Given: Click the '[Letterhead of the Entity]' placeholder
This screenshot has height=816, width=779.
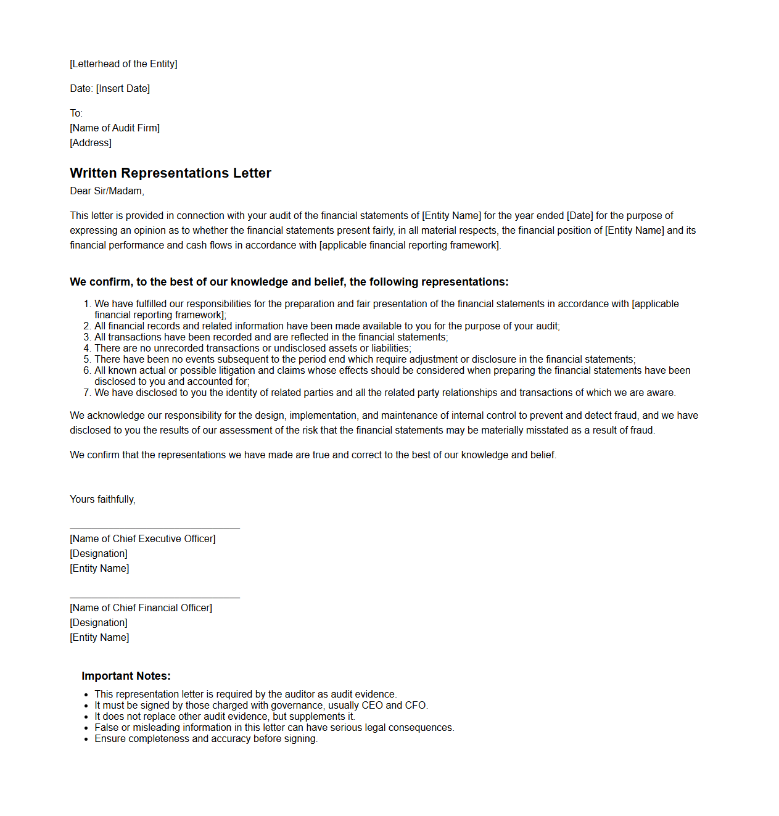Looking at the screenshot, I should coord(123,64).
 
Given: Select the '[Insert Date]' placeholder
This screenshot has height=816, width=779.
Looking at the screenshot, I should coord(123,89).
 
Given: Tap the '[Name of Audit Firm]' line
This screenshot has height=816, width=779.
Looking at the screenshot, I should coord(115,128).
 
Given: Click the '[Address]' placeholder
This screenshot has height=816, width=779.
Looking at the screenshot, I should coord(91,143).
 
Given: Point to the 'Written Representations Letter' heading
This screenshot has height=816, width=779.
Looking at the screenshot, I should coord(170,173).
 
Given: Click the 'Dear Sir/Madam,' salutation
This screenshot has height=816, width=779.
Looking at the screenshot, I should coord(107,191).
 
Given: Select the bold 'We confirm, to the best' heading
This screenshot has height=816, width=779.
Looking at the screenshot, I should coord(289,282).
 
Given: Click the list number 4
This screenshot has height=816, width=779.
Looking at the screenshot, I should coord(87,348).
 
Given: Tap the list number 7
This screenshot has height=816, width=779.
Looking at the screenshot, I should coord(87,393).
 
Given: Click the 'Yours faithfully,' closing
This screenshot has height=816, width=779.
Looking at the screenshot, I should coord(102,500).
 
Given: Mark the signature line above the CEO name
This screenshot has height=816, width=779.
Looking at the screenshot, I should coord(155,529).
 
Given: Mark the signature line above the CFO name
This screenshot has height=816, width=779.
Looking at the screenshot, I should coord(155,598).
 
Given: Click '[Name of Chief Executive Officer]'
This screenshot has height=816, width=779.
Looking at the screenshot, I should coord(142,539).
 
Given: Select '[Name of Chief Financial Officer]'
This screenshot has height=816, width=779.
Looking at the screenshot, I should coord(141,608).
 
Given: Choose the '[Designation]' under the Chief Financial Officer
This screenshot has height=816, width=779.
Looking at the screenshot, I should coord(99,623).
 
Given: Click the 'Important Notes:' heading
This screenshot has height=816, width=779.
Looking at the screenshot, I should coord(126,676).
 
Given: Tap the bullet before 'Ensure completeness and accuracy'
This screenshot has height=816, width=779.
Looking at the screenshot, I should coord(86,740).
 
